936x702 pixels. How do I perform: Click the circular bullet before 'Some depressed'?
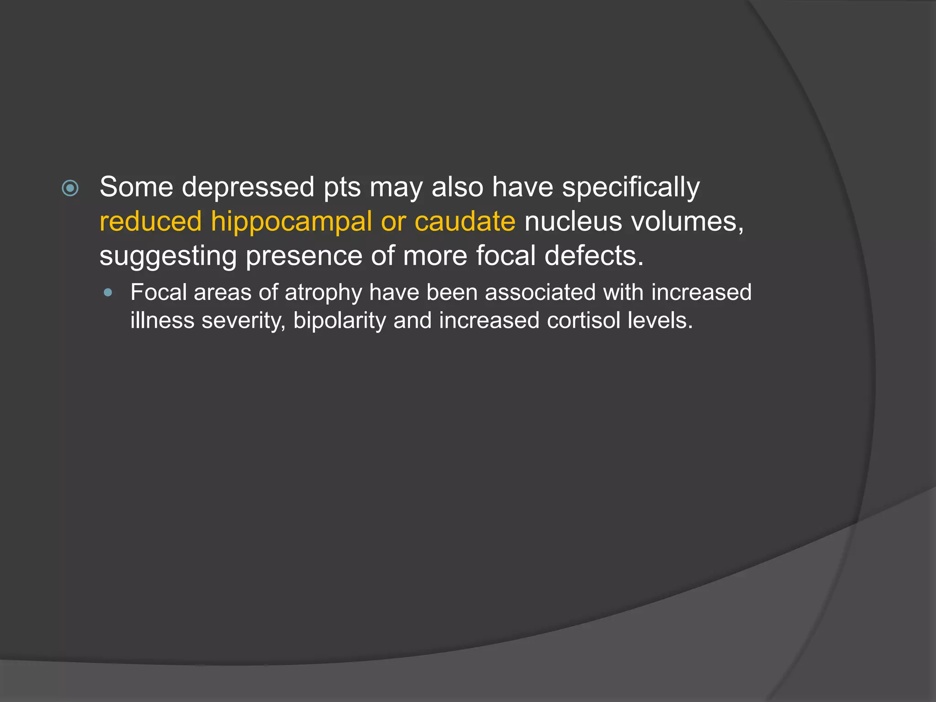click(x=70, y=188)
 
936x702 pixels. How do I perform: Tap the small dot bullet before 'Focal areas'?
click(x=108, y=292)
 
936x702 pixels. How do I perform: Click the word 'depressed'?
click(x=248, y=187)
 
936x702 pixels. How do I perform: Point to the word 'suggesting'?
click(x=168, y=256)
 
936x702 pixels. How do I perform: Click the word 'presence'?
click(x=303, y=256)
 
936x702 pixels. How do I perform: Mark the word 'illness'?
click(x=162, y=320)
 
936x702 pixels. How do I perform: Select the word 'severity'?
click(x=244, y=321)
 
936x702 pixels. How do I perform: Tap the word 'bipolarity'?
click(x=340, y=321)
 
